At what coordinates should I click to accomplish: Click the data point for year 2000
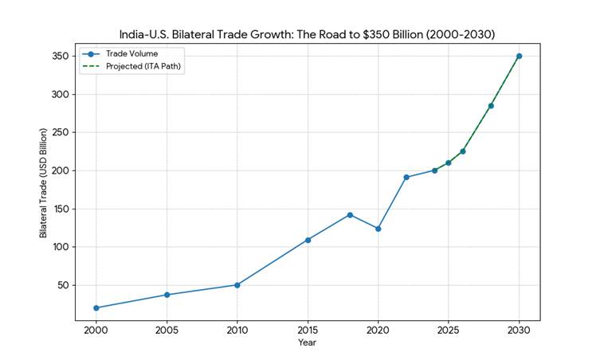pyautogui.click(x=96, y=307)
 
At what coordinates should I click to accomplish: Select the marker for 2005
pyautogui.click(x=167, y=295)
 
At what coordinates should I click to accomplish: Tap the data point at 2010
pyautogui.click(x=237, y=284)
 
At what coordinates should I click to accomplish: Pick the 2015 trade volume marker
pyautogui.click(x=308, y=240)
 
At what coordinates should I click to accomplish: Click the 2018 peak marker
pyautogui.click(x=350, y=214)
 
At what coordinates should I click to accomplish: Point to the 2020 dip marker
pyautogui.click(x=378, y=229)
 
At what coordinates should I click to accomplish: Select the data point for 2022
pyautogui.click(x=406, y=177)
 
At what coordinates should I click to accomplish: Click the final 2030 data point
pyautogui.click(x=519, y=56)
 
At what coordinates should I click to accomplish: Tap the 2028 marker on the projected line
pyautogui.click(x=491, y=105)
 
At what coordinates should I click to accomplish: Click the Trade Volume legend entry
pyautogui.click(x=131, y=54)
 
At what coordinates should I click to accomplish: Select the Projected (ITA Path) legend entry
pyautogui.click(x=144, y=67)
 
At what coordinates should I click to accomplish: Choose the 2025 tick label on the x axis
pyautogui.click(x=448, y=330)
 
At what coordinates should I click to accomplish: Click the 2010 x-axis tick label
pyautogui.click(x=237, y=330)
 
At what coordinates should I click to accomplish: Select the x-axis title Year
pyautogui.click(x=307, y=342)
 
